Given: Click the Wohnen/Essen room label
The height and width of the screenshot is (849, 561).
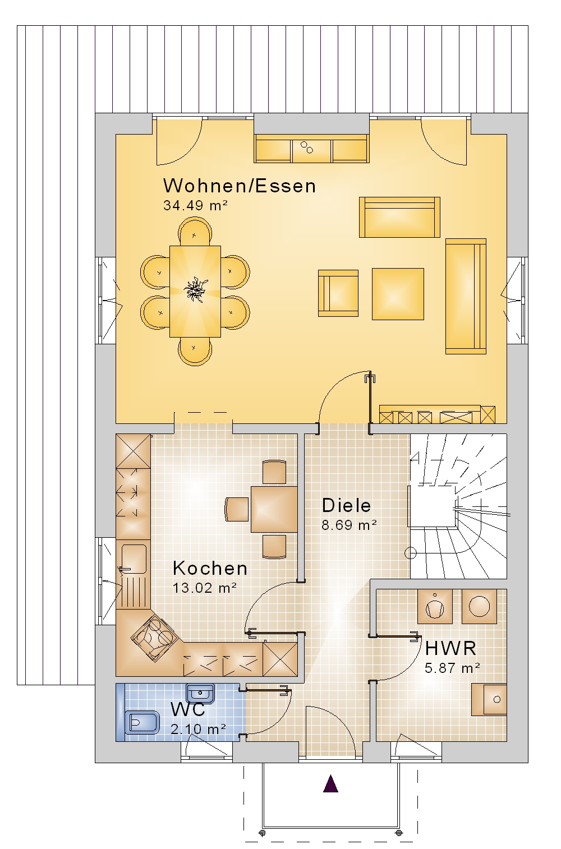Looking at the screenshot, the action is [239, 186].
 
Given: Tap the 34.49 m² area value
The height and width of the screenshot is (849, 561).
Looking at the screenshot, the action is [195, 205].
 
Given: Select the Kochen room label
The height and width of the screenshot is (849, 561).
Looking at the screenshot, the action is [210, 568].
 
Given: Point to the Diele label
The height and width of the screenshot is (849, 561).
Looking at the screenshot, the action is [346, 505].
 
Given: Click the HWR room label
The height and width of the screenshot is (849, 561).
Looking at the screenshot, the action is [450, 648].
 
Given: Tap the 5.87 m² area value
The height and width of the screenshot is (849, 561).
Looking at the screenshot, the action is [452, 668].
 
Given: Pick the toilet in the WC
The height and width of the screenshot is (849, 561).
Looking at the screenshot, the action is [142, 722].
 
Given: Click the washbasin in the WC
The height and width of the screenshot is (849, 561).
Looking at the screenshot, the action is [200, 694].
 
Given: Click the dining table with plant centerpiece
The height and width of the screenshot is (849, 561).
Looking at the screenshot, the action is [195, 292].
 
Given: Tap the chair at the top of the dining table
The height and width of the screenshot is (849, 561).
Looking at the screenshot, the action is [195, 232].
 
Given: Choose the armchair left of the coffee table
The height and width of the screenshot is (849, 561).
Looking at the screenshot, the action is [338, 293].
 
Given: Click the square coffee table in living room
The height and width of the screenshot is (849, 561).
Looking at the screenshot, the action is [398, 294].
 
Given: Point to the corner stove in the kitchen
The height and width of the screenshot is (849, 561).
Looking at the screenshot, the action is [155, 638].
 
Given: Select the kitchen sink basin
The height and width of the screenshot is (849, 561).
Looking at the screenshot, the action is [135, 560].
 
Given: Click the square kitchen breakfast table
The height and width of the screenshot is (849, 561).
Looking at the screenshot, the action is [274, 509].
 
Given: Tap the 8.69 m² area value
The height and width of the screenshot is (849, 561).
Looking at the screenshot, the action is [349, 525].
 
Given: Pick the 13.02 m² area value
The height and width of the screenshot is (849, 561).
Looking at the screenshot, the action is [205, 588].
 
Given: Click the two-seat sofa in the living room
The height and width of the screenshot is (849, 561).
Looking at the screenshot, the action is [399, 217].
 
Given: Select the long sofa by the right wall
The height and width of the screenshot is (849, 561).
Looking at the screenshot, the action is [466, 297].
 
